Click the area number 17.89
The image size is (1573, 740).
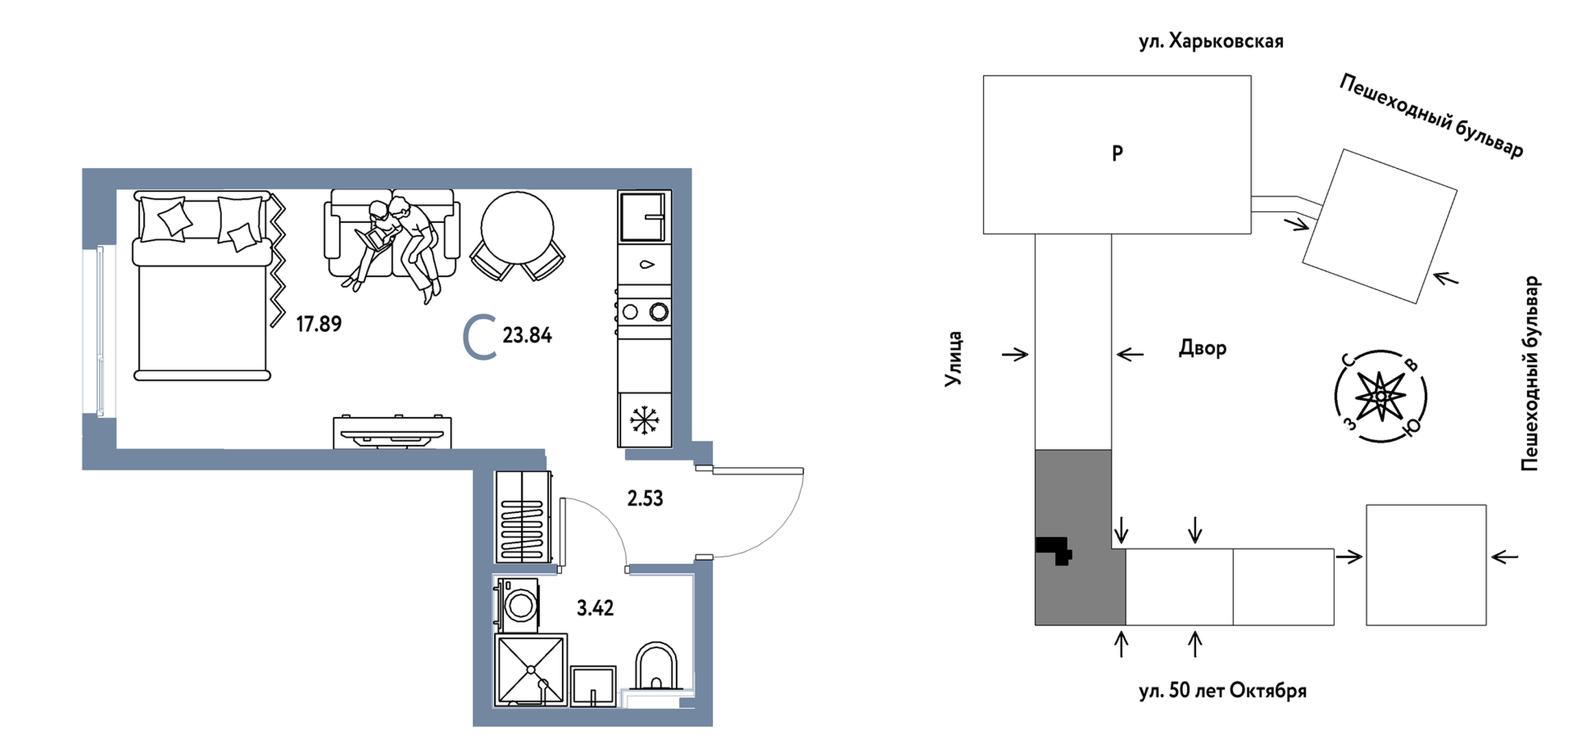(x=319, y=324)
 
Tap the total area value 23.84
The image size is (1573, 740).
(x=526, y=335)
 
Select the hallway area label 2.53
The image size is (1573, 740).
(x=645, y=499)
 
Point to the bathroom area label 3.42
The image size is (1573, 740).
(x=595, y=608)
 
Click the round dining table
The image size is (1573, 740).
(x=517, y=228)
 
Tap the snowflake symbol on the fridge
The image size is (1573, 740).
(x=644, y=420)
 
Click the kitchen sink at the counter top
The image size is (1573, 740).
(x=644, y=217)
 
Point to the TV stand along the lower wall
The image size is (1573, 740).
(x=392, y=432)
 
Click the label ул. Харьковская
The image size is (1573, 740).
(x=1210, y=42)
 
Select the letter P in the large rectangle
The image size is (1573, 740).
(x=1117, y=154)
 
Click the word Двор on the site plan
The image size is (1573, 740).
(x=1202, y=348)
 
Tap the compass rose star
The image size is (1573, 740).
(x=1380, y=397)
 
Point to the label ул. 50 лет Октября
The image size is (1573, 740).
(x=1222, y=691)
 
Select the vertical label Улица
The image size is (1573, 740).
(x=954, y=359)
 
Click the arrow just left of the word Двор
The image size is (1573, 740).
(x=1130, y=355)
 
